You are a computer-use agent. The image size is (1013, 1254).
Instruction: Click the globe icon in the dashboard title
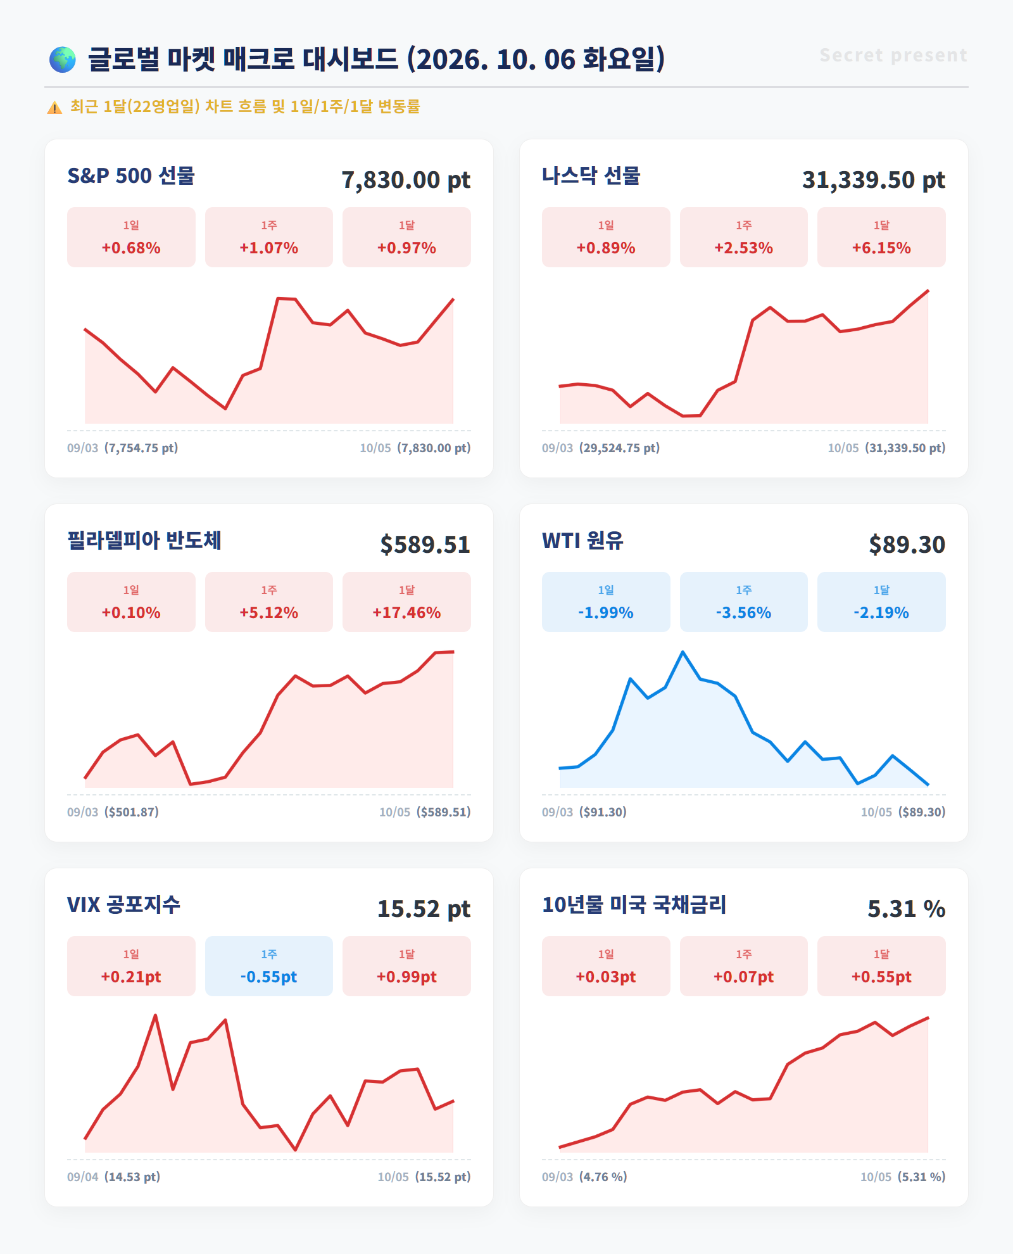[x=63, y=60]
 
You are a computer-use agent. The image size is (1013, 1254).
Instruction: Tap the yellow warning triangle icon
[x=54, y=108]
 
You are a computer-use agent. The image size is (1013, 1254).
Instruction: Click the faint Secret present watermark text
[x=893, y=56]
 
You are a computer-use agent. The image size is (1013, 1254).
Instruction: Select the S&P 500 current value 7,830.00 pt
[x=406, y=180]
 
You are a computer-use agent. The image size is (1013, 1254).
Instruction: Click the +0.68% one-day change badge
[x=131, y=237]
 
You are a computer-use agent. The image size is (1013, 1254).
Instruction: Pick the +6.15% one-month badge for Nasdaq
[x=881, y=237]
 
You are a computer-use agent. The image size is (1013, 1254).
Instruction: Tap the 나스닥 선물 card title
[x=591, y=175]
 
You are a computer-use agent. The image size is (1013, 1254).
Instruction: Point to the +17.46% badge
[x=406, y=602]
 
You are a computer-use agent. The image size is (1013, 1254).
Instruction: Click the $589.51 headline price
[x=425, y=545]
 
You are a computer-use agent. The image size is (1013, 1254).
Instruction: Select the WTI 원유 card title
[x=582, y=540]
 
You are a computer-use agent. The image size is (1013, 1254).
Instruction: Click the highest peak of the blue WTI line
[x=683, y=652]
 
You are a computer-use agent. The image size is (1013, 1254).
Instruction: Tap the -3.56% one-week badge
[x=744, y=602]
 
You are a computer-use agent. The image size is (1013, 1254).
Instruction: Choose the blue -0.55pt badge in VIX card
[x=269, y=966]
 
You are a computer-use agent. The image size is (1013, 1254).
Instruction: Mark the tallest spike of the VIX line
[x=155, y=1016]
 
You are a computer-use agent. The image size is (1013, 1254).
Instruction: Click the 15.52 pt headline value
[x=424, y=909]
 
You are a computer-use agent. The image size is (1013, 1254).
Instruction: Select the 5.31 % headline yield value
[x=906, y=909]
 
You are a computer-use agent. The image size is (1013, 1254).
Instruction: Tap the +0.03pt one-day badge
[x=606, y=966]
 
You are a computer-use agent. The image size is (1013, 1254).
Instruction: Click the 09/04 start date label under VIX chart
[x=83, y=1177]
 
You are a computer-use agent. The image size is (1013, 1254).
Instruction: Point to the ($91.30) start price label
[x=603, y=812]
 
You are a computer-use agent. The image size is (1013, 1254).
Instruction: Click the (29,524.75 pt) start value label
[x=619, y=448]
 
